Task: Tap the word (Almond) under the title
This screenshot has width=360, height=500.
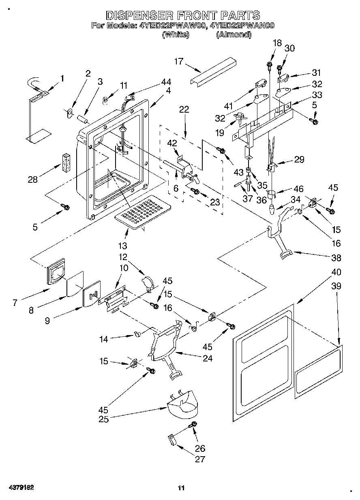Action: point(234,35)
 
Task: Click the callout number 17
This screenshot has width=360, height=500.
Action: point(179,62)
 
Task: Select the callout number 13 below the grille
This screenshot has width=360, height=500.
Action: point(122,246)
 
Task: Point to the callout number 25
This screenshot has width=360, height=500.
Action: point(104,419)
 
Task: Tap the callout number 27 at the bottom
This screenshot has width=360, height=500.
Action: point(200,459)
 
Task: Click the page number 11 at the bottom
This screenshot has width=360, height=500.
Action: point(181,488)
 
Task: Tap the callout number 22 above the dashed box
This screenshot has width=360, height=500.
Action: point(184,109)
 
